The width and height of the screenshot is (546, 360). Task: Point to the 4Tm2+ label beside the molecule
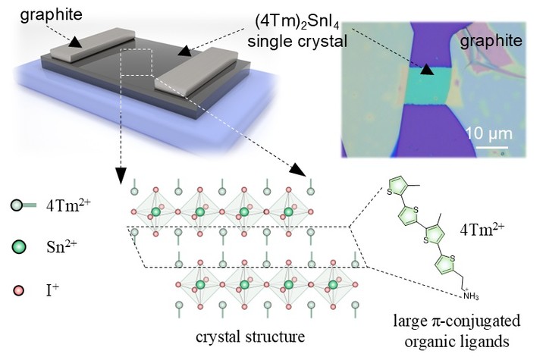pyautogui.click(x=487, y=225)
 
